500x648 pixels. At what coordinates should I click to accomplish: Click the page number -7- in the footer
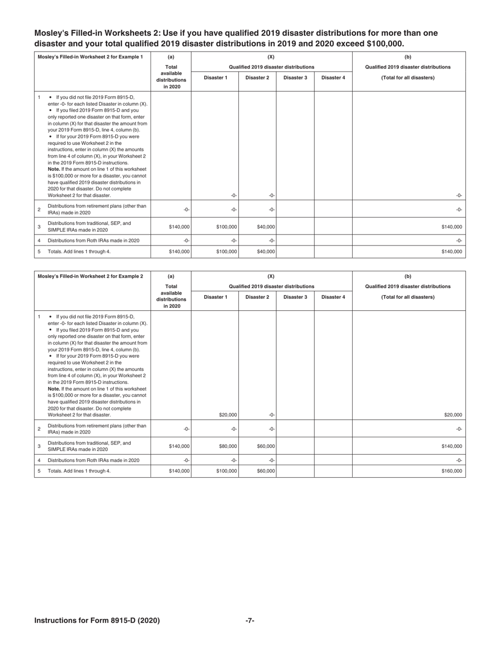pos(250,621)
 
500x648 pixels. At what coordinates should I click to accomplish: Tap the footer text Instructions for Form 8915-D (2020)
pos(97,621)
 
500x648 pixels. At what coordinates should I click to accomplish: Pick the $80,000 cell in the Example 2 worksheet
pos(227,446)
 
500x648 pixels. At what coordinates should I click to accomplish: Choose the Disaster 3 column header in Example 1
pos(295,78)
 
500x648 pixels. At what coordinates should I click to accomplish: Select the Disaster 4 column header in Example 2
pos(333,297)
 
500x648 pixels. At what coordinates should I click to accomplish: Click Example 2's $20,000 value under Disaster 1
pos(227,415)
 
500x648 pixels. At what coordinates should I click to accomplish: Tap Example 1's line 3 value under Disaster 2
pos(265,227)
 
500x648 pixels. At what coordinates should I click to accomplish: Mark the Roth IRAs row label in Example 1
pos(94,240)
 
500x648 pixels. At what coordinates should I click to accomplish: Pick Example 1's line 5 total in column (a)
pos(179,252)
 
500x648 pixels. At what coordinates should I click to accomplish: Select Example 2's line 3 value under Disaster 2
pos(265,446)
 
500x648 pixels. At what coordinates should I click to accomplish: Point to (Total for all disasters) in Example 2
pos(408,297)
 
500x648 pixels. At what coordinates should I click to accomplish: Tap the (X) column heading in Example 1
pos(271,57)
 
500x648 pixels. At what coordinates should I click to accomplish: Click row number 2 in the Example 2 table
pos(39,429)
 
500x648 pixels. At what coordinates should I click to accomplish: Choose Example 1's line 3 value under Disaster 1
pos(227,227)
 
